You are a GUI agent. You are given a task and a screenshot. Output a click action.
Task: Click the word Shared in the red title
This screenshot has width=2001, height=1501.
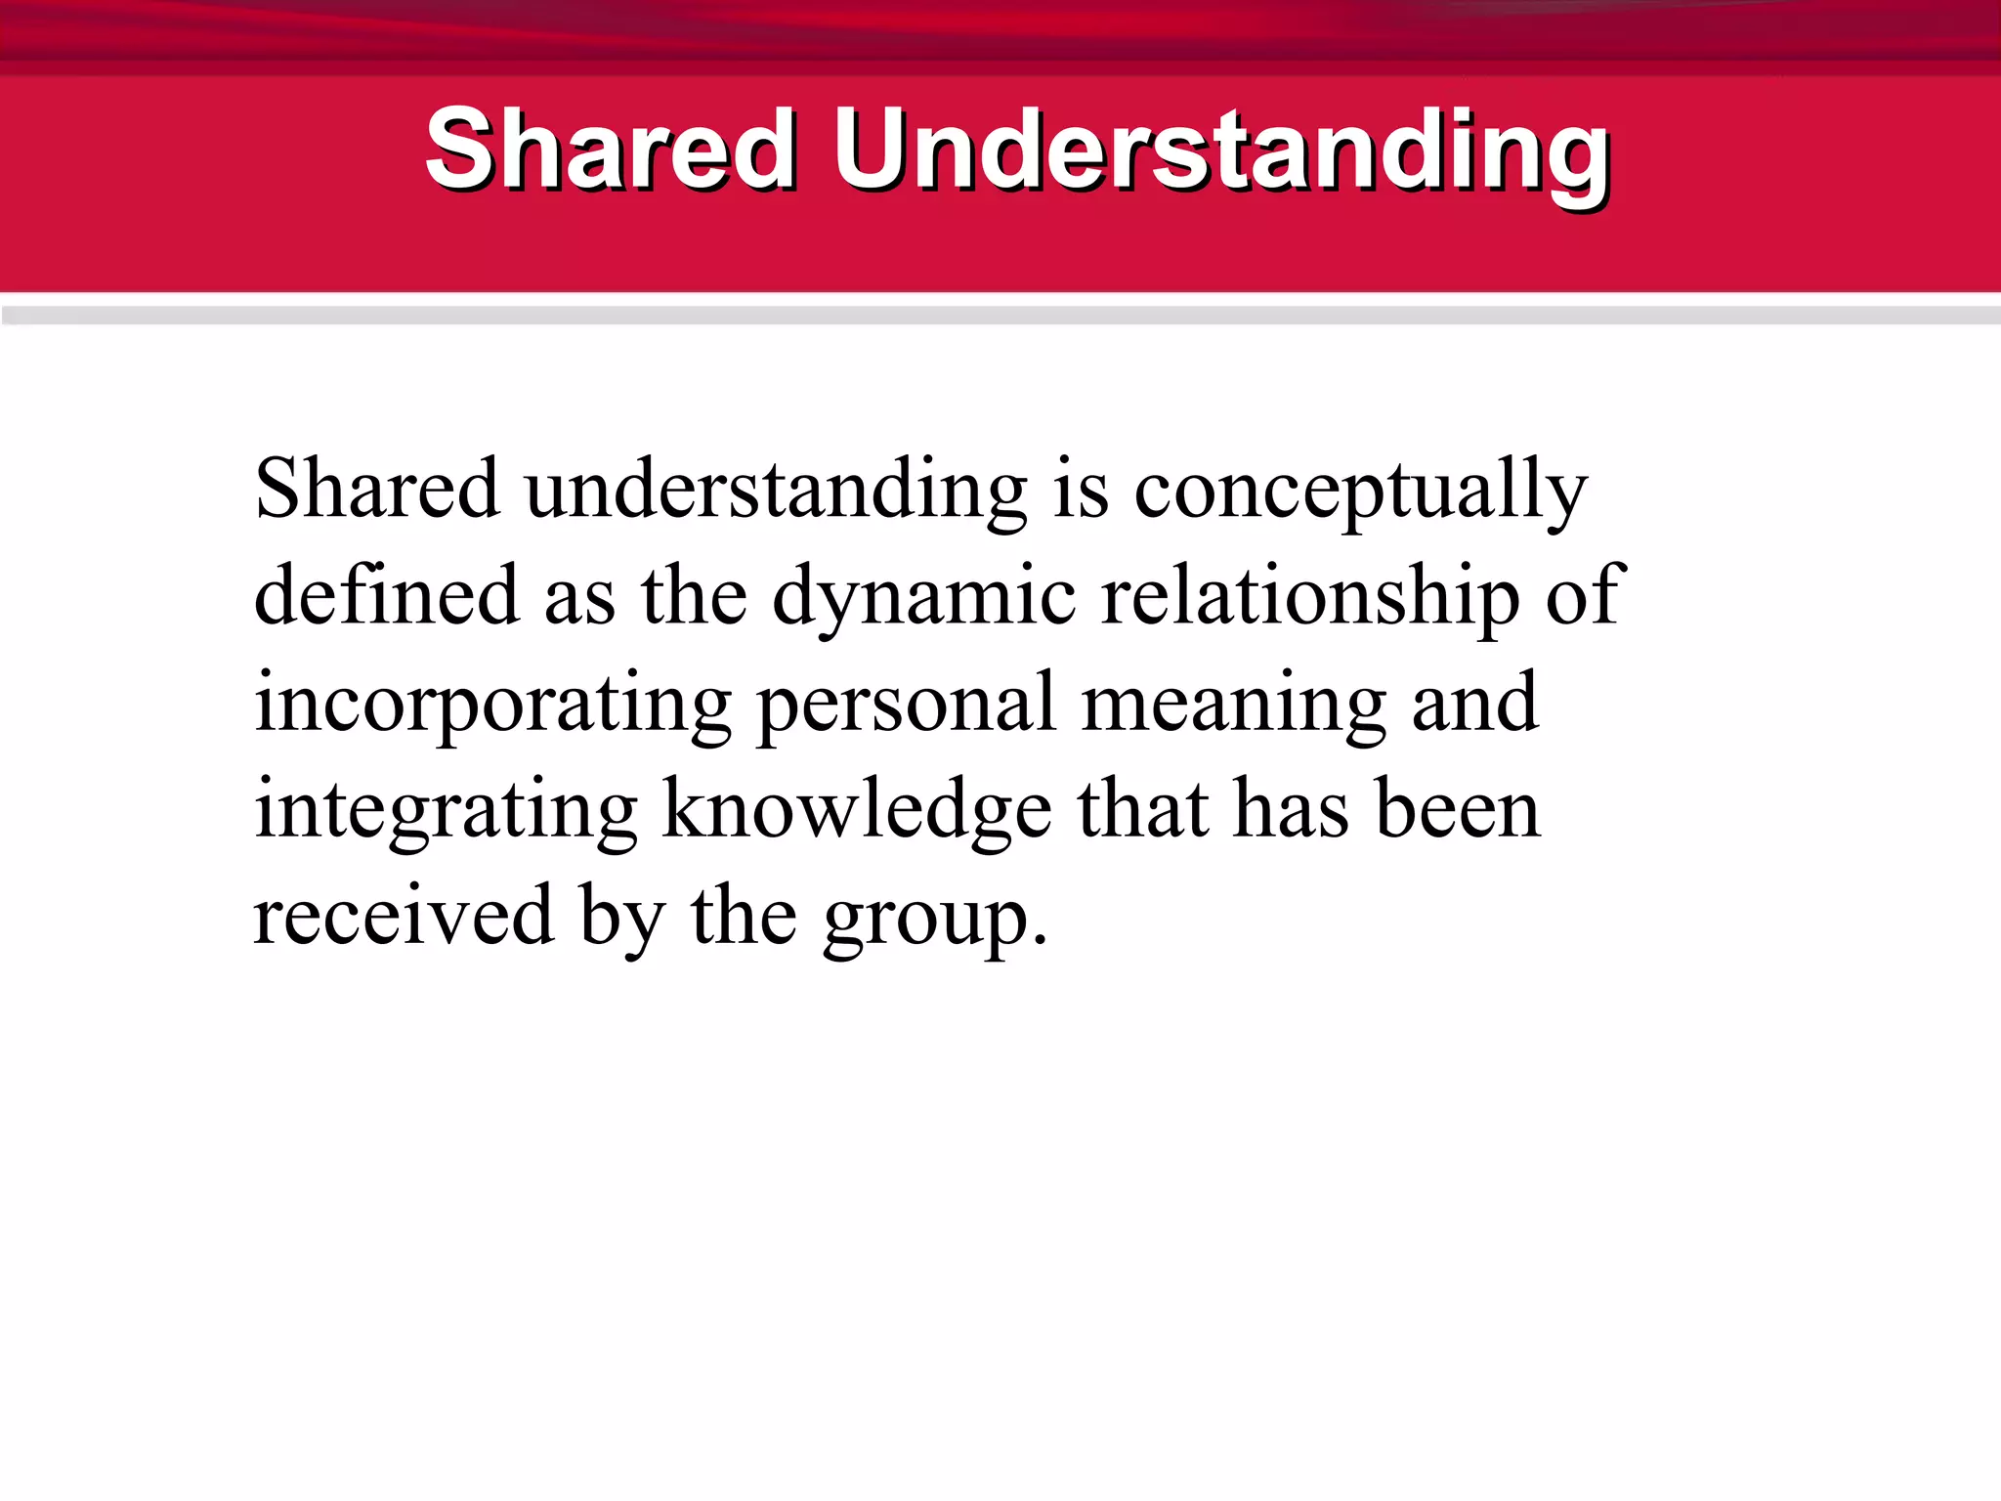(x=611, y=151)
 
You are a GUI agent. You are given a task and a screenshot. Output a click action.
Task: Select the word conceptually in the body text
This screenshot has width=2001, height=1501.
(x=1360, y=491)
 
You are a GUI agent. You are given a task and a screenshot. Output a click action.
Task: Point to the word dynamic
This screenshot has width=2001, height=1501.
(x=924, y=598)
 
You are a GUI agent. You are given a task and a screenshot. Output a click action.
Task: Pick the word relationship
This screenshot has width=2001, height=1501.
(x=1310, y=598)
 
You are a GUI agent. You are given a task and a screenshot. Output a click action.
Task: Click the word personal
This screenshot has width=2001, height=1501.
(x=907, y=706)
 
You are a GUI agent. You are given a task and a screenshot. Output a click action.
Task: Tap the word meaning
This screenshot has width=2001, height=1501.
(x=1234, y=706)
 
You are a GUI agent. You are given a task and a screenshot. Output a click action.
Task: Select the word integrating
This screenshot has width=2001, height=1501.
(x=446, y=813)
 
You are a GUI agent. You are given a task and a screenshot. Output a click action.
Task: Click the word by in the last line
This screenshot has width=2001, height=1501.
(x=622, y=919)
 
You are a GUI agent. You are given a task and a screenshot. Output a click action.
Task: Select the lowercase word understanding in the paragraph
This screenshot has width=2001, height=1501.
(x=776, y=491)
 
